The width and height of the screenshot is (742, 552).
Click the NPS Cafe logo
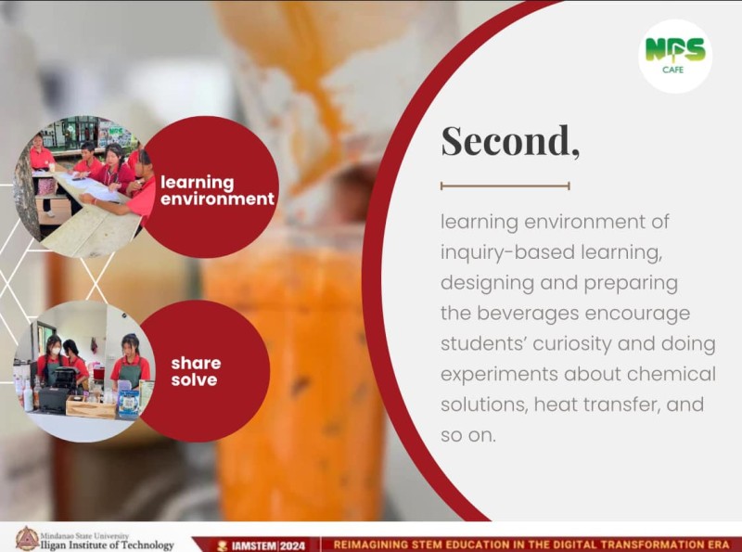(x=675, y=56)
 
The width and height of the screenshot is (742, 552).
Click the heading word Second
(x=510, y=141)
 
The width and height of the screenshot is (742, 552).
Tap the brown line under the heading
(x=505, y=186)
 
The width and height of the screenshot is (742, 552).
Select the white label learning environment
(x=217, y=190)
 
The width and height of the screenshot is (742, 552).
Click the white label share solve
(x=196, y=371)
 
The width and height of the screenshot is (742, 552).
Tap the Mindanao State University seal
(x=27, y=539)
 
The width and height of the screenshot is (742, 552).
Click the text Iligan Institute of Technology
(x=108, y=545)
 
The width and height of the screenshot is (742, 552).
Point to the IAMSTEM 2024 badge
(x=261, y=546)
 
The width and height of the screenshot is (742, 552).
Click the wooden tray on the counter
(x=91, y=408)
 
